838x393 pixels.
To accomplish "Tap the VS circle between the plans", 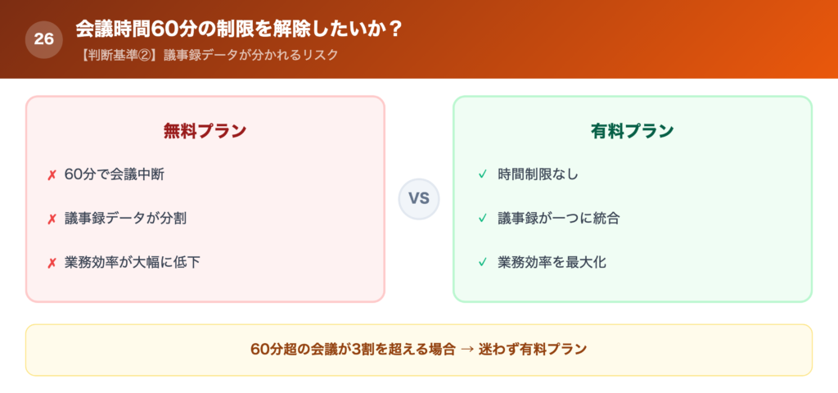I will [419, 199].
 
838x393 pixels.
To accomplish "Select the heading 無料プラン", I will [205, 131].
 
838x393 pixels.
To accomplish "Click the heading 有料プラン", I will [633, 131].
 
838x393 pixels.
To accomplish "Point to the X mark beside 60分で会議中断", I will [52, 175].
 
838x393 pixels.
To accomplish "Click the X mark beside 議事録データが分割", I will [52, 219].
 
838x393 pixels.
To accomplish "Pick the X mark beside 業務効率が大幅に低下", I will [52, 264].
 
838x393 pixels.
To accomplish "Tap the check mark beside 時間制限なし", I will [482, 174].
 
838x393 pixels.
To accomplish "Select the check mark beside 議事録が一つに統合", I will [482, 219].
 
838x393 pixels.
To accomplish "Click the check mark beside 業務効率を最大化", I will [482, 263].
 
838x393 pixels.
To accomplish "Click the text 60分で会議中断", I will [119, 174].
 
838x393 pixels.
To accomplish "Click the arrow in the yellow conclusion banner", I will [467, 350].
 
